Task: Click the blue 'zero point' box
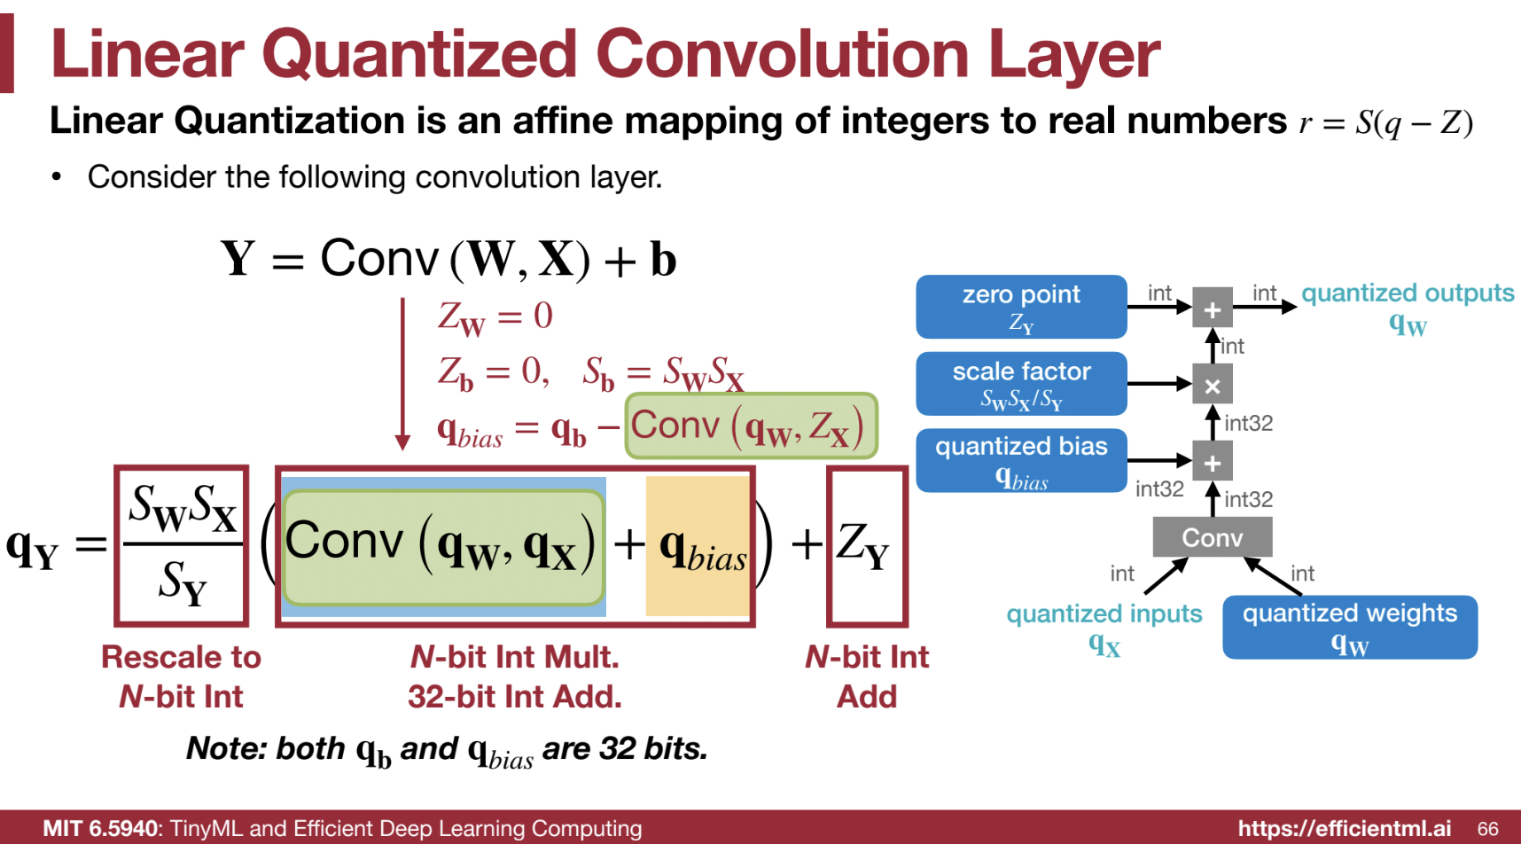point(1021,307)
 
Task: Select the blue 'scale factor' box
point(1021,384)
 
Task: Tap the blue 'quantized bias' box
point(1021,460)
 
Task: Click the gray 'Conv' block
point(1213,537)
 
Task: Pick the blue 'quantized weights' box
point(1350,627)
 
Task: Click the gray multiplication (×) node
point(1213,385)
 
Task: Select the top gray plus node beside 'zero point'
point(1213,309)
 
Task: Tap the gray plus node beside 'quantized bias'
point(1213,462)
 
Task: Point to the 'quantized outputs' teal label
point(1408,308)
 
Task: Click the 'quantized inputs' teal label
point(1104,629)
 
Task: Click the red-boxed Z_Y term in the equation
point(867,546)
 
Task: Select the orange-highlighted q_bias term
point(698,546)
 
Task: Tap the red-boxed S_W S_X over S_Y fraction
point(182,545)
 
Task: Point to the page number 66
point(1488,829)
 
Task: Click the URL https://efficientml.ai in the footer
point(1345,829)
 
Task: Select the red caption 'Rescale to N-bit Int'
point(182,676)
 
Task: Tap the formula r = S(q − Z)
point(1386,122)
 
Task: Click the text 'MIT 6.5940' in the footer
point(100,829)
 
